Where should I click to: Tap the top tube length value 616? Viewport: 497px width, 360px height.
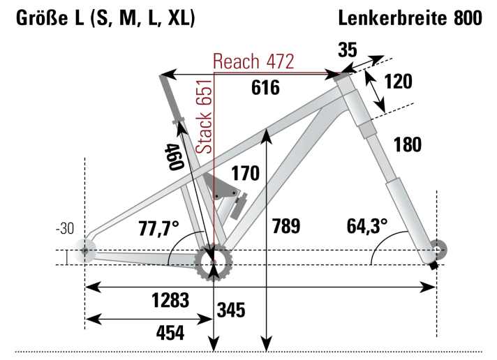click(265, 88)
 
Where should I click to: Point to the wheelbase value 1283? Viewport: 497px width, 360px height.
click(170, 301)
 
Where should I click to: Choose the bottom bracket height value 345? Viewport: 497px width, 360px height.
click(231, 310)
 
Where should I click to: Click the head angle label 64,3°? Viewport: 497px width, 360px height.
click(367, 226)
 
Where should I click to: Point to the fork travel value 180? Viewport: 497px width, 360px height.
click(408, 144)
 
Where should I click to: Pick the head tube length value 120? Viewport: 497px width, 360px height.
click(398, 82)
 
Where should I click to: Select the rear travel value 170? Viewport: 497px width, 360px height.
click(246, 172)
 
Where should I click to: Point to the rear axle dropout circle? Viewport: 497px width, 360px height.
click(86, 250)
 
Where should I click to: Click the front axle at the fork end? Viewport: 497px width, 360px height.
click(437, 250)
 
